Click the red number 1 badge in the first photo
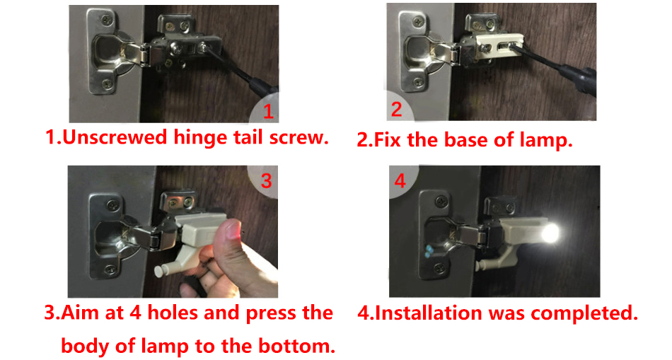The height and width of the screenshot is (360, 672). (x=268, y=112)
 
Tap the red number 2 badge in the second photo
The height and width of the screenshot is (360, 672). (x=396, y=109)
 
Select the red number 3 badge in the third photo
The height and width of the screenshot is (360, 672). (x=266, y=180)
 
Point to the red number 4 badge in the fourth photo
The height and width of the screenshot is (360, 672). (x=400, y=180)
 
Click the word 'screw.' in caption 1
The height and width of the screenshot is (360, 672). (x=299, y=138)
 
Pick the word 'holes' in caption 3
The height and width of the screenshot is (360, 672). (x=173, y=313)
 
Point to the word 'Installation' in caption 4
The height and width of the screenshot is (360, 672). (x=429, y=313)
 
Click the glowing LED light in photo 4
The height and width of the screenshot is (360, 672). (x=550, y=234)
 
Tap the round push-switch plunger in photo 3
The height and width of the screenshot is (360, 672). (x=161, y=271)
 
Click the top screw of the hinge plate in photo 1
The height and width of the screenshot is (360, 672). (x=105, y=19)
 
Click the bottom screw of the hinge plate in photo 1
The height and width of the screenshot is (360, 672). (x=108, y=85)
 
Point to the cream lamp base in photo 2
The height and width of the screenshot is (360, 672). (x=500, y=45)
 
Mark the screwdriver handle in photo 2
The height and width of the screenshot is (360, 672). (x=579, y=79)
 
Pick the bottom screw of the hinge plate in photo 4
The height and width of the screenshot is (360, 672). (x=440, y=269)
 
